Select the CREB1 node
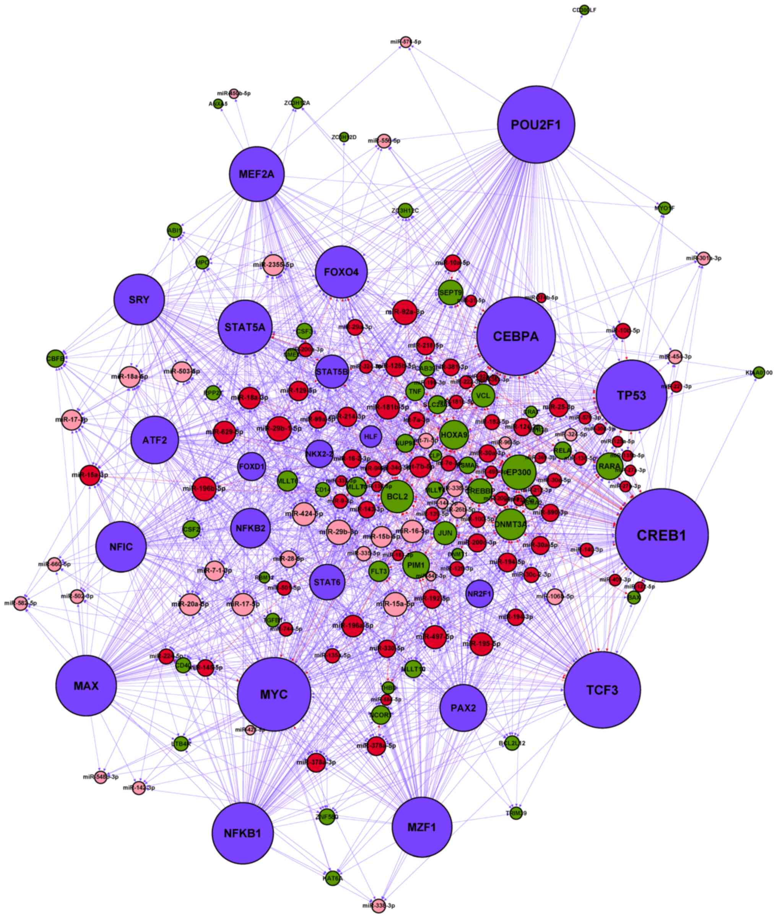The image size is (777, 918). coord(662,535)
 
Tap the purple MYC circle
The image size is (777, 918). coord(274,694)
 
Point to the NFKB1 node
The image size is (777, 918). coord(243,833)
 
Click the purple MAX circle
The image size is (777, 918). coord(86,685)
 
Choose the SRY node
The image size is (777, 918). coord(139,300)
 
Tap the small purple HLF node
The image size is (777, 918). coord(371,436)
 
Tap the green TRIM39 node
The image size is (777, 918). coord(516,813)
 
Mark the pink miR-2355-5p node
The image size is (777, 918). coord(273,265)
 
